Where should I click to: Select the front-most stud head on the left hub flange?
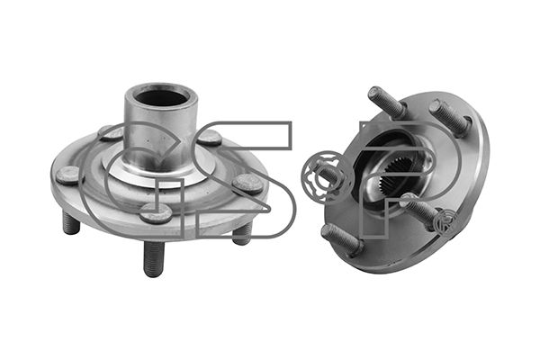pos(156,212)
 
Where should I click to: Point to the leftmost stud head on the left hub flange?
pos(67,175)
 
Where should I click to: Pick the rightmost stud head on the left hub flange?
pos(247,184)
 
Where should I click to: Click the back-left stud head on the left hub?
pos(111,132)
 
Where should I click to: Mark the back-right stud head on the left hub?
pos(210,137)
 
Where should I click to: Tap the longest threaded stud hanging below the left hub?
pos(154,258)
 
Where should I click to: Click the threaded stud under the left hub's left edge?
pos(71,223)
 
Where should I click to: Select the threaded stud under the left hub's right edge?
pos(242,232)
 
